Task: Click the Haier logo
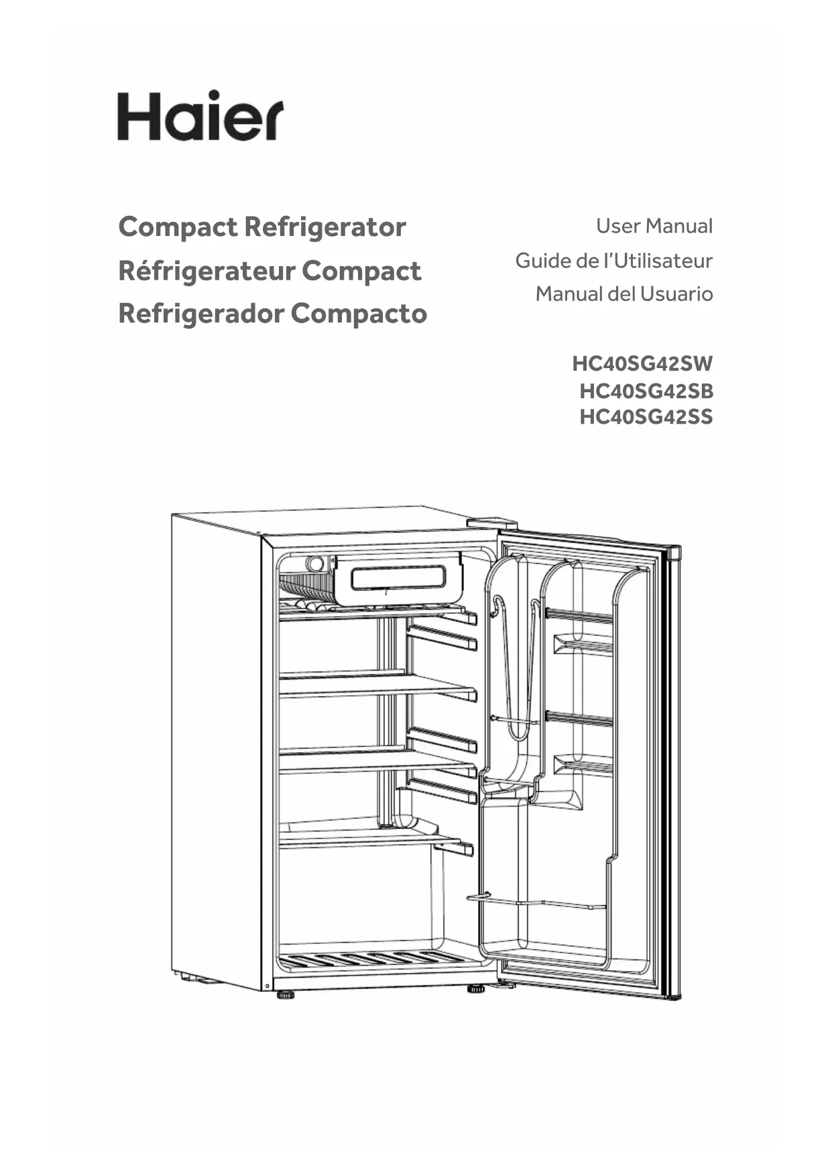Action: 200,116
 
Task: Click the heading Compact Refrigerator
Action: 262,227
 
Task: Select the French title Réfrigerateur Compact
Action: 270,271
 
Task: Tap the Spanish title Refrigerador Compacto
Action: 272,314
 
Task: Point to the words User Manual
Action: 654,226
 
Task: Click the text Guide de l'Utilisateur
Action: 613,260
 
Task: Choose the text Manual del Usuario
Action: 623,294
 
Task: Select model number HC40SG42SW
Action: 642,364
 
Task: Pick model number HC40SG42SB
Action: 646,391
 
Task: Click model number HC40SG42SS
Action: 646,417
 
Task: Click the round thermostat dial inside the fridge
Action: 314,564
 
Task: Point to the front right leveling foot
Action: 476,988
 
